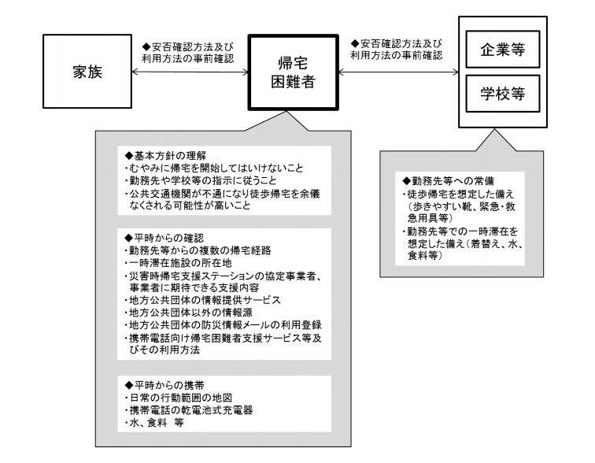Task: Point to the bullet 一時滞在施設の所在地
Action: coord(173,264)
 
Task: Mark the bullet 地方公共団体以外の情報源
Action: coord(187,313)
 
